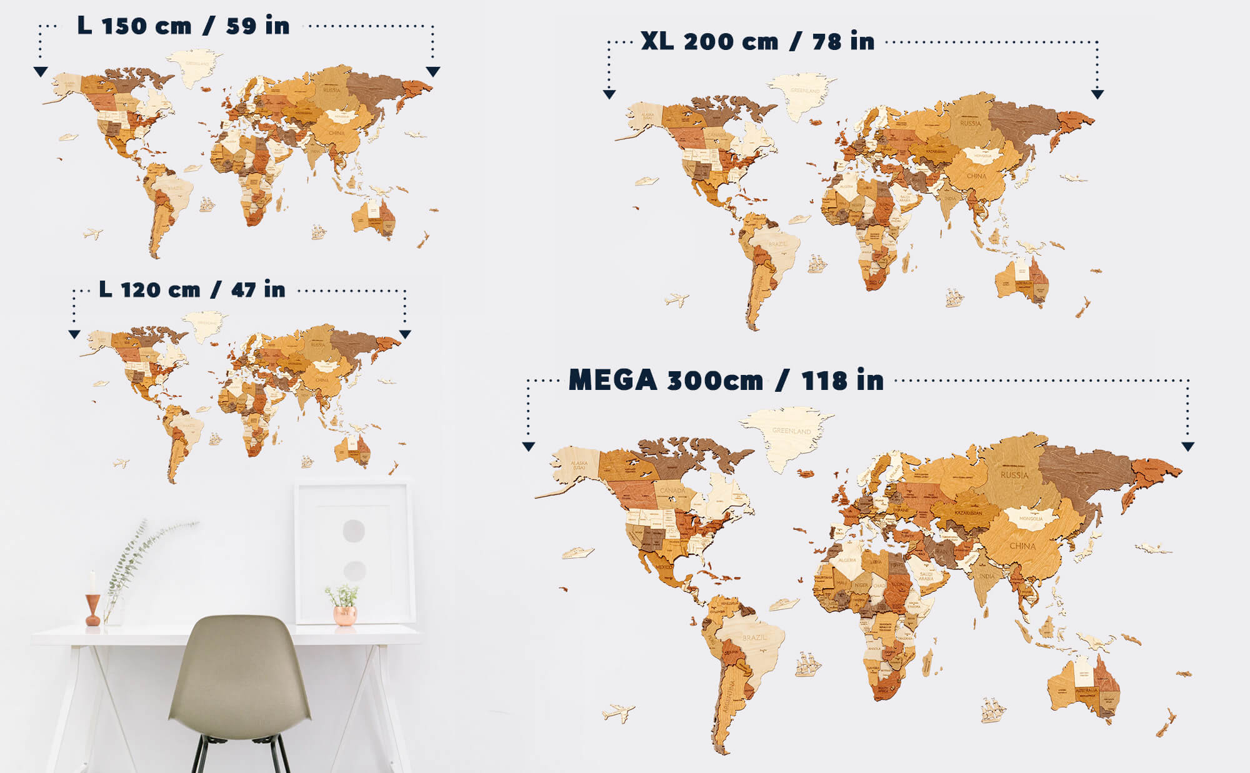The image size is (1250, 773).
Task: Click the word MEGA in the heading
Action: click(612, 380)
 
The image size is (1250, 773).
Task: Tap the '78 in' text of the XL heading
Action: click(843, 41)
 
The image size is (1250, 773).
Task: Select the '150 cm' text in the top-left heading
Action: click(146, 26)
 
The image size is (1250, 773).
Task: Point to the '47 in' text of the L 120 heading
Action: click(258, 289)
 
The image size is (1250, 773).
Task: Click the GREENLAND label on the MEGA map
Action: click(791, 431)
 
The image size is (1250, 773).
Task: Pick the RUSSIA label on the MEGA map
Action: click(1014, 475)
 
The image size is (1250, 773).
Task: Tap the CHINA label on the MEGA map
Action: click(1022, 546)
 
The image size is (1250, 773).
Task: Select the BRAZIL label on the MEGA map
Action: click(754, 637)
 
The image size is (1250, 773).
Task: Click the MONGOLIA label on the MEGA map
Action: click(1031, 519)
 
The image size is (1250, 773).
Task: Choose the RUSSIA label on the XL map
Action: click(970, 123)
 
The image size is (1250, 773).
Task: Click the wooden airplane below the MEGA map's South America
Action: click(618, 712)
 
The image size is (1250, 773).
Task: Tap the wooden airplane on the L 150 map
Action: click(92, 234)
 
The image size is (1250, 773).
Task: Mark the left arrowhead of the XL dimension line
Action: click(609, 94)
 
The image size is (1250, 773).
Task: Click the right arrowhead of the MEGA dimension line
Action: click(1188, 446)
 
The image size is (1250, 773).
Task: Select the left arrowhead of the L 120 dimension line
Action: click(74, 334)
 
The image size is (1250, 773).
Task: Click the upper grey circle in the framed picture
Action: click(354, 531)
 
